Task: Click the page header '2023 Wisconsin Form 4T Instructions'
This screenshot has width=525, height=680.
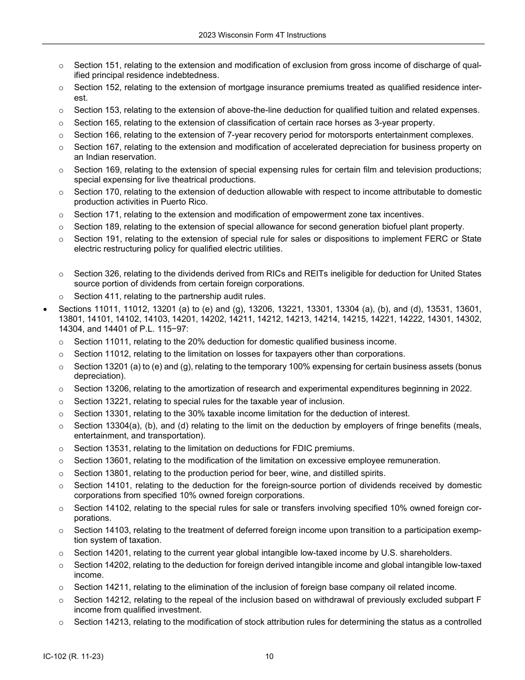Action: tap(262, 35)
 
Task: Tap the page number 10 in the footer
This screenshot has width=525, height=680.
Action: tap(269, 657)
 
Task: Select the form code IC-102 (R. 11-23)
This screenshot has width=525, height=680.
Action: tap(73, 657)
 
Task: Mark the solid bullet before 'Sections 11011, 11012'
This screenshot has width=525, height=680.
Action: tap(45, 308)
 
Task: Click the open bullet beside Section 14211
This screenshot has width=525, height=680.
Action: tap(61, 587)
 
